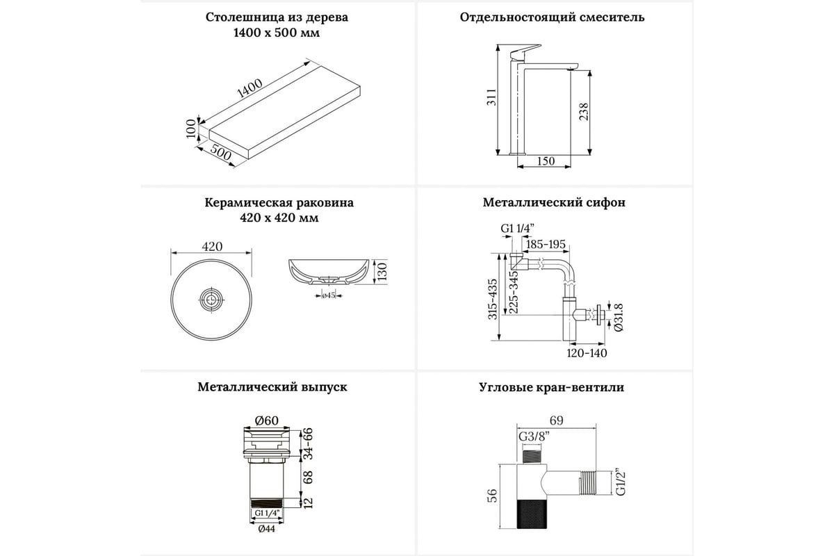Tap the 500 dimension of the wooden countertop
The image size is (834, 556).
point(220,154)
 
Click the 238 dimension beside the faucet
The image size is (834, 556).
point(584,111)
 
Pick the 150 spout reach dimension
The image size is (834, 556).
point(546,162)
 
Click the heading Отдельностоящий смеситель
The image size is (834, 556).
point(552,17)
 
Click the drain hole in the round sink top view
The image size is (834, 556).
point(211,300)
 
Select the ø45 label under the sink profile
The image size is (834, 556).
point(329,295)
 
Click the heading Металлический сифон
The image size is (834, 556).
point(554,203)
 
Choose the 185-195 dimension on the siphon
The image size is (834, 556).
point(546,245)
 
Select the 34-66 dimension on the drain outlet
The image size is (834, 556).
point(307,443)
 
